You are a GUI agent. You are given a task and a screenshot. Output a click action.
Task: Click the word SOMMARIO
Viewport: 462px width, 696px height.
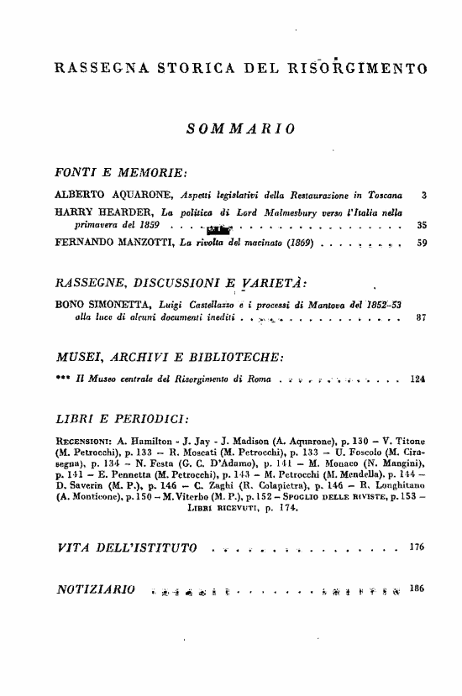pyautogui.click(x=239, y=128)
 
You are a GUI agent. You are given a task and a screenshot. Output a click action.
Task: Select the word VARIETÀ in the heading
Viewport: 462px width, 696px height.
pyautogui.click(x=260, y=283)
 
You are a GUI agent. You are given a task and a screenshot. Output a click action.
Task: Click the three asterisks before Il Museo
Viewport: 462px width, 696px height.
pyautogui.click(x=60, y=379)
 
